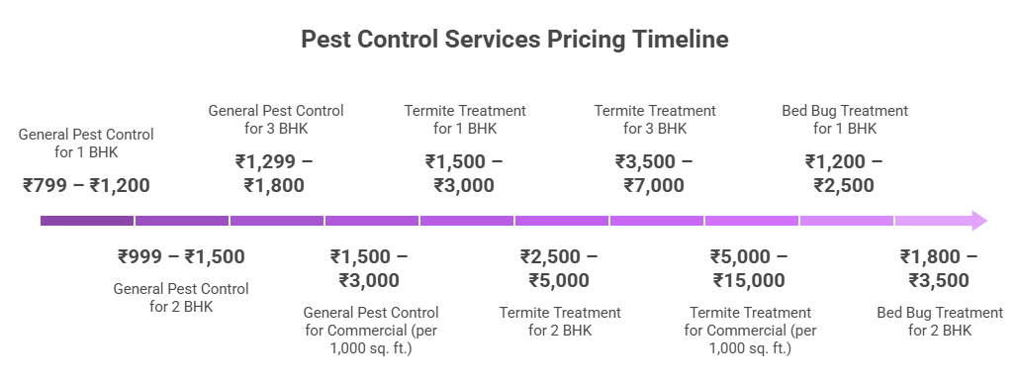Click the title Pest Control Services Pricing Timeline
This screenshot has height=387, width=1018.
click(514, 41)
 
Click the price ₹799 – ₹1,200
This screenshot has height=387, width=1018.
click(86, 185)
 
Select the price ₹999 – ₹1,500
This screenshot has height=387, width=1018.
click(181, 256)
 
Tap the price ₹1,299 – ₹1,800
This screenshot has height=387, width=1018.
click(275, 173)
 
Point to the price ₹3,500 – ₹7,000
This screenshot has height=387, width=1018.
click(654, 173)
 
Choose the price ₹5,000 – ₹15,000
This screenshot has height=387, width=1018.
click(749, 268)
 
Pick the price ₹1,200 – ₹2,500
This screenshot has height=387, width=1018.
click(844, 173)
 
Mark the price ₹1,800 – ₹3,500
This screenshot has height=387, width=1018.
click(939, 268)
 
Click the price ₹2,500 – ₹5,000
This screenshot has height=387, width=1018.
click(559, 268)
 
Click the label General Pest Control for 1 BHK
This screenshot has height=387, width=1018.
click(86, 143)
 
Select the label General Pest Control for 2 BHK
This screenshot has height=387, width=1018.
click(181, 298)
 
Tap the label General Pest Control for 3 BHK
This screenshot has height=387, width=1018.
click(276, 120)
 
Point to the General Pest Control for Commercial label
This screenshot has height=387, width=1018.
click(370, 330)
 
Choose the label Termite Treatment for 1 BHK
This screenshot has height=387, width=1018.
click(465, 120)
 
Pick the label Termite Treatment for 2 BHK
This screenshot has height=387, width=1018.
click(560, 322)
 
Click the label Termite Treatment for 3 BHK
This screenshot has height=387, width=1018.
click(655, 120)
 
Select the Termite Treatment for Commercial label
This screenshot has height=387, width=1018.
click(750, 330)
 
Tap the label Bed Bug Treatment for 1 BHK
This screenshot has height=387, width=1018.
click(845, 120)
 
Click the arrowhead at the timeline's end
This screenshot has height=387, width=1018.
click(978, 221)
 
